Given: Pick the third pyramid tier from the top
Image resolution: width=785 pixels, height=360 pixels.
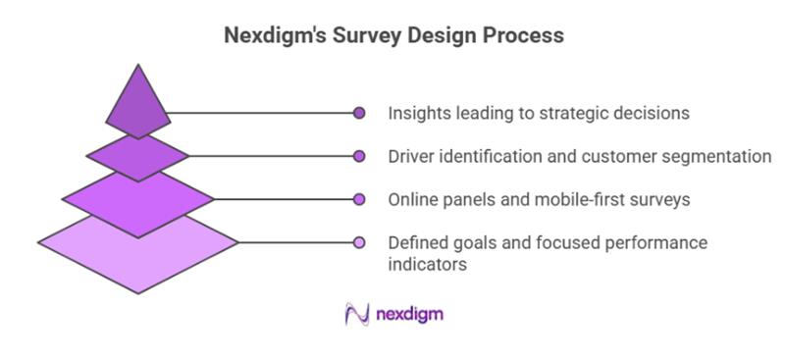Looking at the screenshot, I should pos(137,201).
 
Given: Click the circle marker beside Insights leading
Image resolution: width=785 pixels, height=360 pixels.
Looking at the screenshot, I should pos(359,113).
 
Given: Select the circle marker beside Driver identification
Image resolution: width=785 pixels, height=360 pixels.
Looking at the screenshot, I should pos(359,156).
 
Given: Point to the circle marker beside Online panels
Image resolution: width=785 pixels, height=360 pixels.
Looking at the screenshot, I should pos(359,199).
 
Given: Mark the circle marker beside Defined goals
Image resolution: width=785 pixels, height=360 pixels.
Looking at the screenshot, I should pos(359,242).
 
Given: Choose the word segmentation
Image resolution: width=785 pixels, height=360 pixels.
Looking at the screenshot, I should pos(720,156).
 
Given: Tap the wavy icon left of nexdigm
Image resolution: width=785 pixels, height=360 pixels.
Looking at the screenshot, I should pos(355,314).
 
